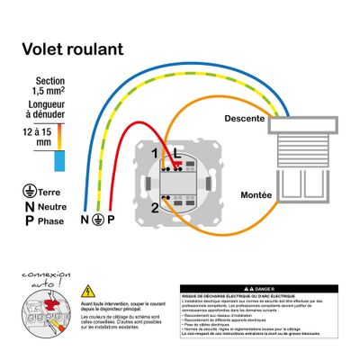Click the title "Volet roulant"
pos(72,49)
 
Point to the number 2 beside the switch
pos(155,208)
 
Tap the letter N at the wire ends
pos(85,220)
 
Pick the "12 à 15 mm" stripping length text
pos(39,135)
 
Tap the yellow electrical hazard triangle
pos(88,291)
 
